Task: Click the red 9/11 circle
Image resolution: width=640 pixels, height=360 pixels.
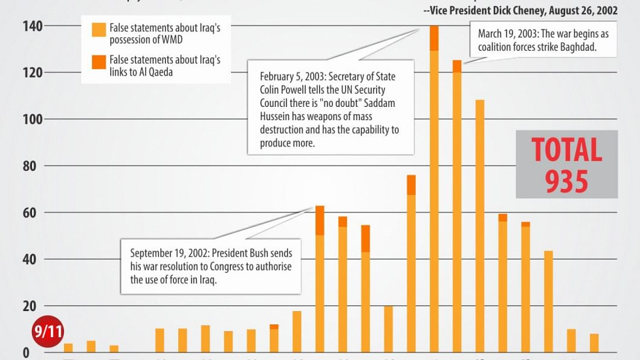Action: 48,332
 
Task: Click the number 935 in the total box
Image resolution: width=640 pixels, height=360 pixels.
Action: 566,181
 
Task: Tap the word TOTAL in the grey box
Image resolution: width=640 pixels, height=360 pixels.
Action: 566,150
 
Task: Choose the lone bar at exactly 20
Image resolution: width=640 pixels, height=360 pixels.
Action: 388,329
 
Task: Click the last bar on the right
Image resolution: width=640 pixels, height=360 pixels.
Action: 594,343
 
